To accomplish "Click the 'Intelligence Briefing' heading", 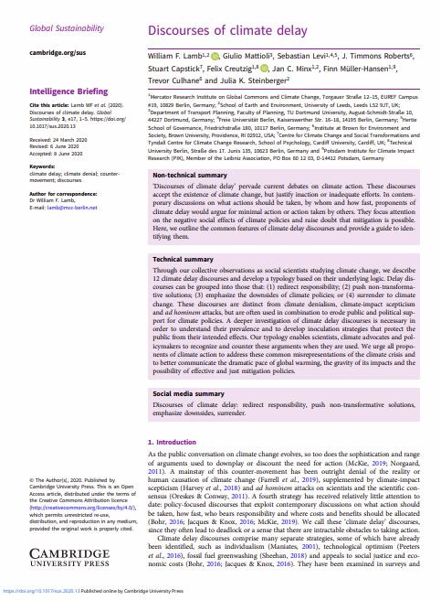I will coord(69,92).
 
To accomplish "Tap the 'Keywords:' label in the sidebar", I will coord(43,166).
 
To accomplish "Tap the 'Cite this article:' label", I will coord(49,105).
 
